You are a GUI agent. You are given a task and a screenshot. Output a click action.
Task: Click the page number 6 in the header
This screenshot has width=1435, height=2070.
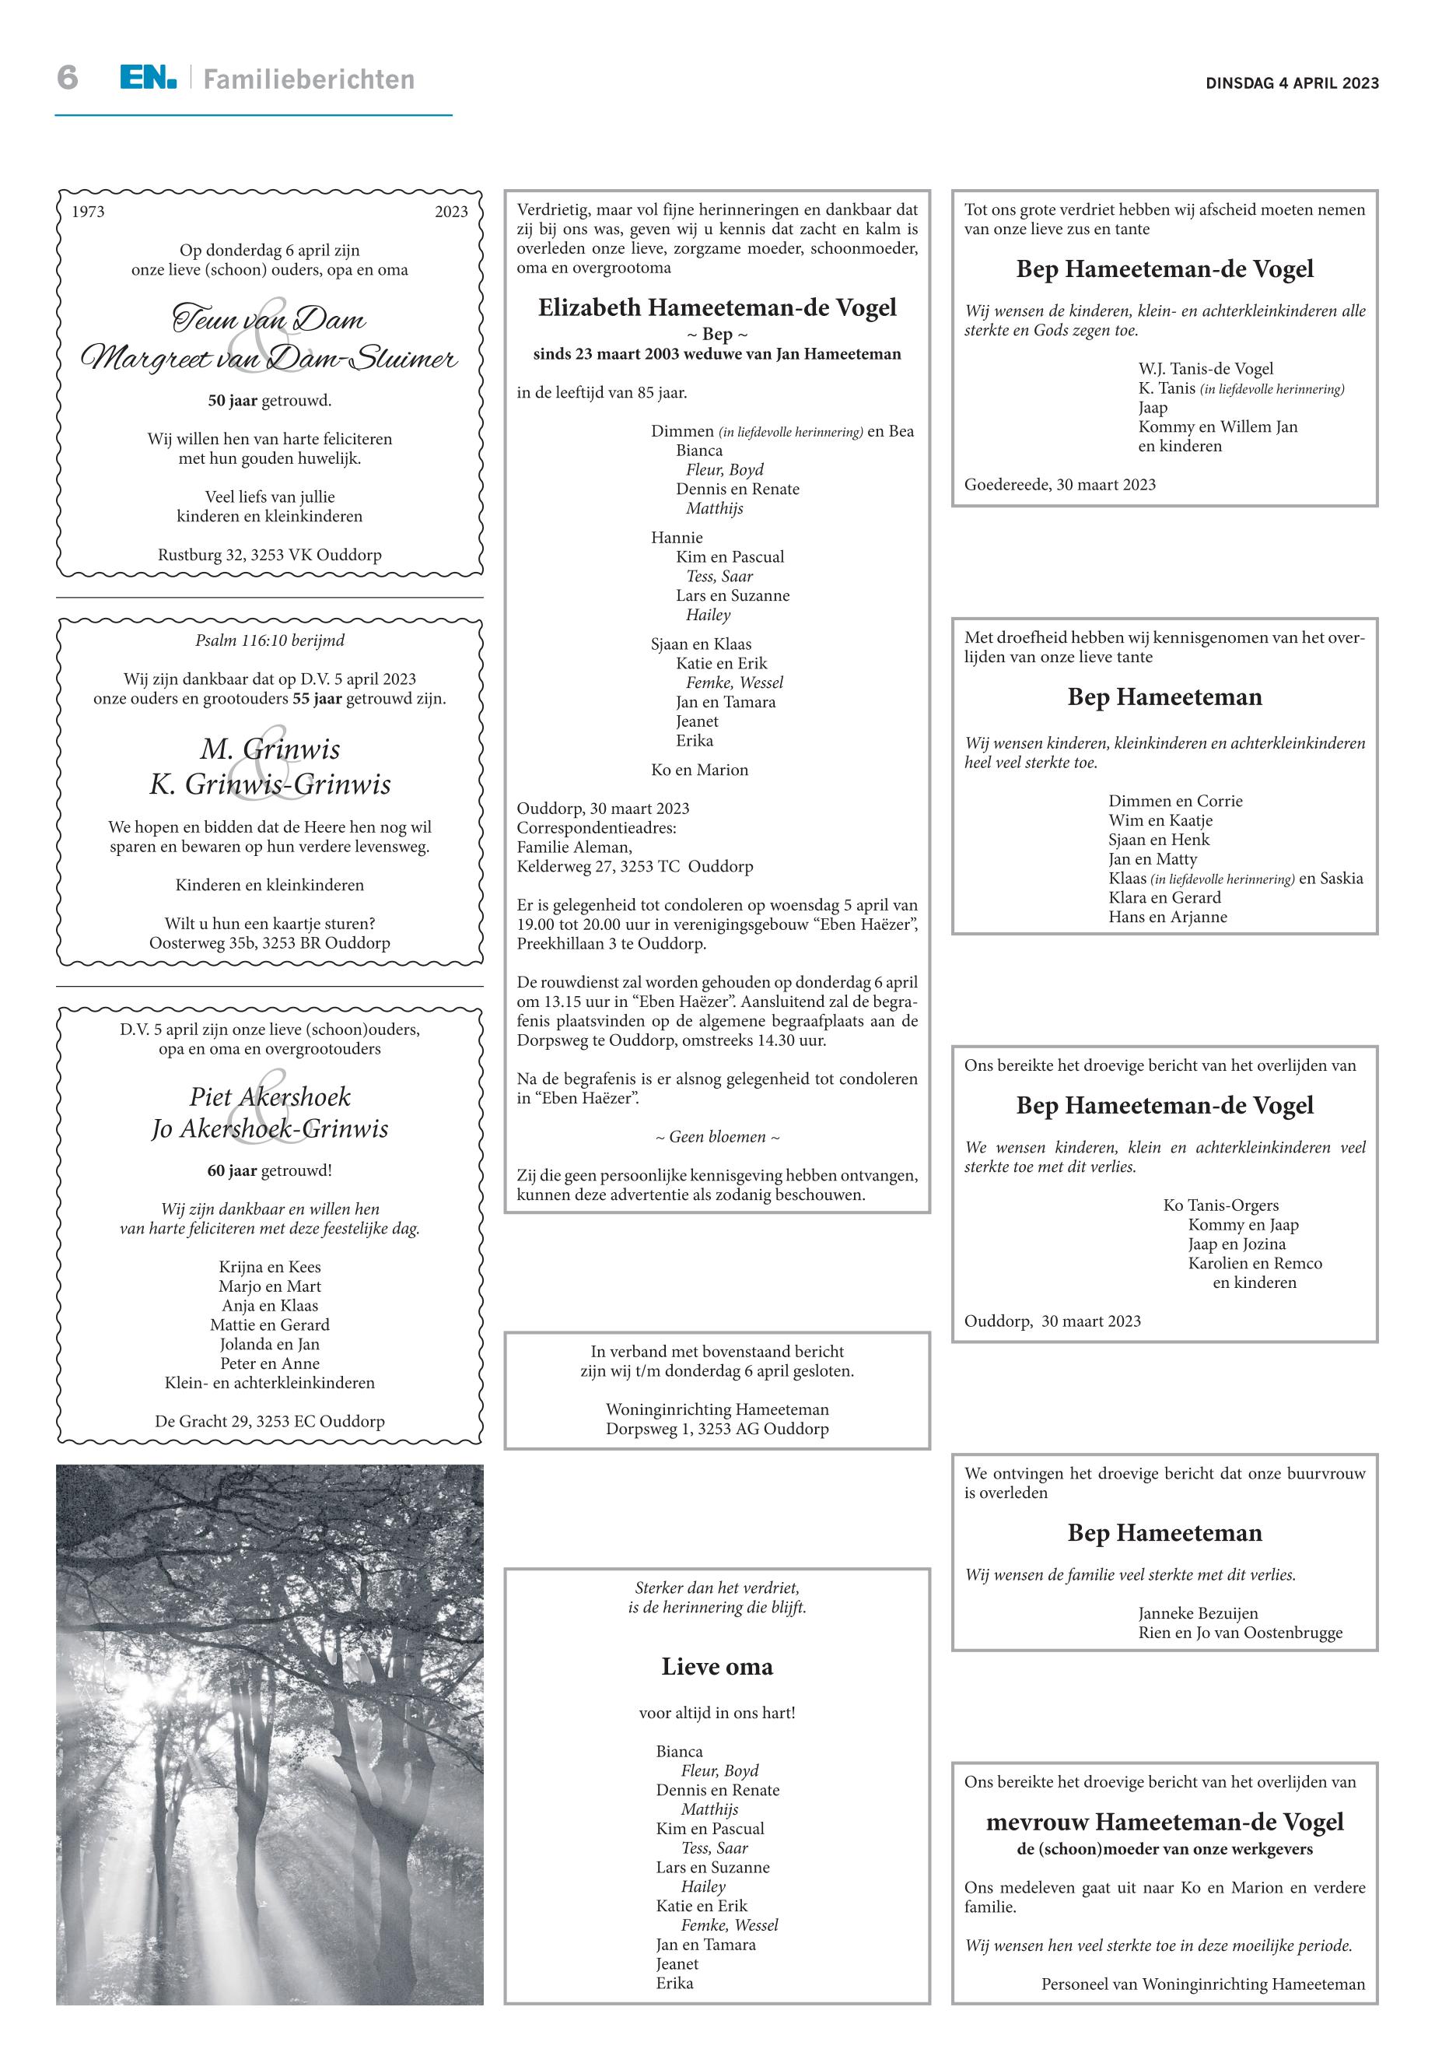(68, 79)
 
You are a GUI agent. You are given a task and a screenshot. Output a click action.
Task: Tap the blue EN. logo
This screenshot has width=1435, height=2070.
(149, 79)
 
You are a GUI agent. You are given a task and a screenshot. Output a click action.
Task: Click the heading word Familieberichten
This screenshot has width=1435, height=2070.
(309, 80)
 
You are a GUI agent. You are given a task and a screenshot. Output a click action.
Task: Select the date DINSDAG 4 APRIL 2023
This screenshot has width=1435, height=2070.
(1292, 82)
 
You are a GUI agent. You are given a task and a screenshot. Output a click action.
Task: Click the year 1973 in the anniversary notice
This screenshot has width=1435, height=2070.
(88, 212)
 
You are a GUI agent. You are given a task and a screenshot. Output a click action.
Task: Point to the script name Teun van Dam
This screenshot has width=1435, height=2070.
(269, 319)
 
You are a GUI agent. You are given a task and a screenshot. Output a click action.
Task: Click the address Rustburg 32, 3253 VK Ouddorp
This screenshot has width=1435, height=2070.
(270, 555)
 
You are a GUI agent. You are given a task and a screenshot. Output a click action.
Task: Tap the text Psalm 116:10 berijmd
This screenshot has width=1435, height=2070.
(270, 640)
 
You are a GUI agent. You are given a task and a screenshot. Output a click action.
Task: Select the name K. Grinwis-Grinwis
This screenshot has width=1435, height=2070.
(270, 784)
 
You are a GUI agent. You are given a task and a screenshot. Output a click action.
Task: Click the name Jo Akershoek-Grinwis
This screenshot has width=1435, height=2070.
(270, 1129)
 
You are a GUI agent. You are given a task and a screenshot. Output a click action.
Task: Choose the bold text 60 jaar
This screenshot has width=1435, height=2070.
(232, 1170)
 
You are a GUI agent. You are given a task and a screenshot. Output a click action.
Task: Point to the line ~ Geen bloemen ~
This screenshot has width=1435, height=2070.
(716, 1137)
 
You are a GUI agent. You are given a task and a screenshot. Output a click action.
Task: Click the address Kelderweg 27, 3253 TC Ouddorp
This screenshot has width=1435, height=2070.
(635, 866)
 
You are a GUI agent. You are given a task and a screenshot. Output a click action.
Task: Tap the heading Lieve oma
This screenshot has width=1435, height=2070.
(716, 1667)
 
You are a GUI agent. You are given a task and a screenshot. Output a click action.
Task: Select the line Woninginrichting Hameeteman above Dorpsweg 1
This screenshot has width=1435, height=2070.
(716, 1409)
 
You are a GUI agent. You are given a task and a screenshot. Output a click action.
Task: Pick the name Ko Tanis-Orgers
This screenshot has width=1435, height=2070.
(1220, 1205)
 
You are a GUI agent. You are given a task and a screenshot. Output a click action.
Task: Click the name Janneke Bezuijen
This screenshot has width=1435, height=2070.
(1198, 1613)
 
